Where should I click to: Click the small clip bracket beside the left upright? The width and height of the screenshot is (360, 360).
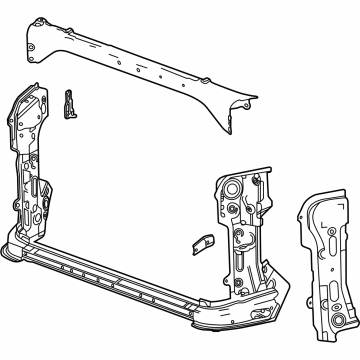[69, 103]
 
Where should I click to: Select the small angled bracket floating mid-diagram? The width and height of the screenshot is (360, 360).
[197, 246]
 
